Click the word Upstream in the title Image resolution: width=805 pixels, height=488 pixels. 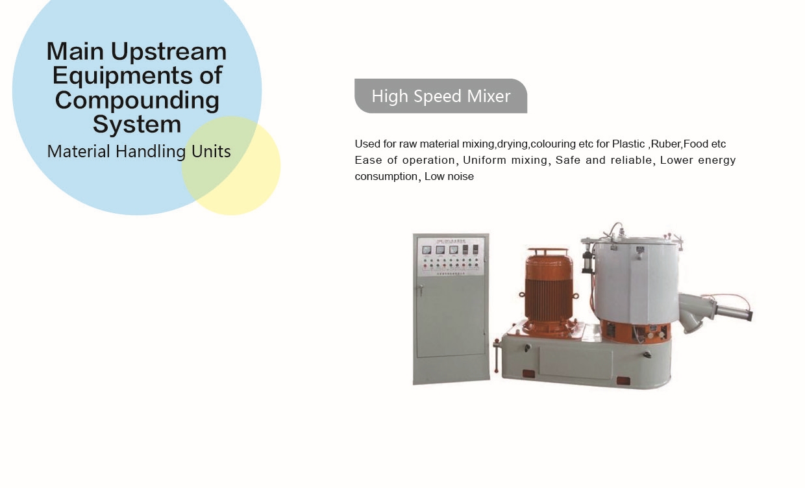point(169,52)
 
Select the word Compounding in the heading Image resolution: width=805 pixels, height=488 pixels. point(137,100)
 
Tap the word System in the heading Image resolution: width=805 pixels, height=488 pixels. point(137,124)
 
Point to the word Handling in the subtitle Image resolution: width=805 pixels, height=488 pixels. point(151,151)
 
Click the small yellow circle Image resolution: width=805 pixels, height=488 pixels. point(230,166)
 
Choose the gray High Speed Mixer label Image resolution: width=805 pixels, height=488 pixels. point(441,96)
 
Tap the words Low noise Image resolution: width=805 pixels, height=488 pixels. point(449,176)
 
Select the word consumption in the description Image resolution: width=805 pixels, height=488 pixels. point(386,177)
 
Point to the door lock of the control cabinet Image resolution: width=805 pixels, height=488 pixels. point(421,289)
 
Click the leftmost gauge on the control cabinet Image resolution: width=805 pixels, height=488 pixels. point(427,250)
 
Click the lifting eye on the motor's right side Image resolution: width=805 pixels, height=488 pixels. point(575,296)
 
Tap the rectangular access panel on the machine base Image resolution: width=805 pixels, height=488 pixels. point(575,363)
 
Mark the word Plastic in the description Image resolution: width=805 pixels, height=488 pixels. point(628,144)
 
